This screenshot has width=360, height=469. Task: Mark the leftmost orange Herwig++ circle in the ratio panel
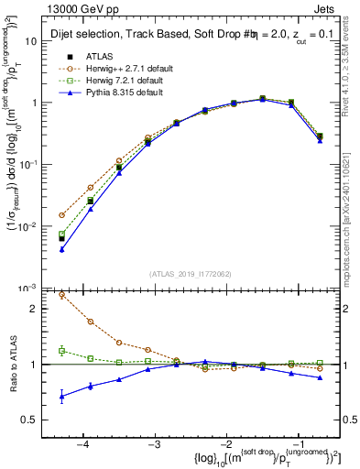point(61,295)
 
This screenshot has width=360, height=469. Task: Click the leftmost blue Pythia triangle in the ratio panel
point(61,397)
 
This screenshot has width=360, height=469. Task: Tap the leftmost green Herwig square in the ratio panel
point(61,351)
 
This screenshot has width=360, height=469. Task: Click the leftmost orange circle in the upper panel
point(61,215)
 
